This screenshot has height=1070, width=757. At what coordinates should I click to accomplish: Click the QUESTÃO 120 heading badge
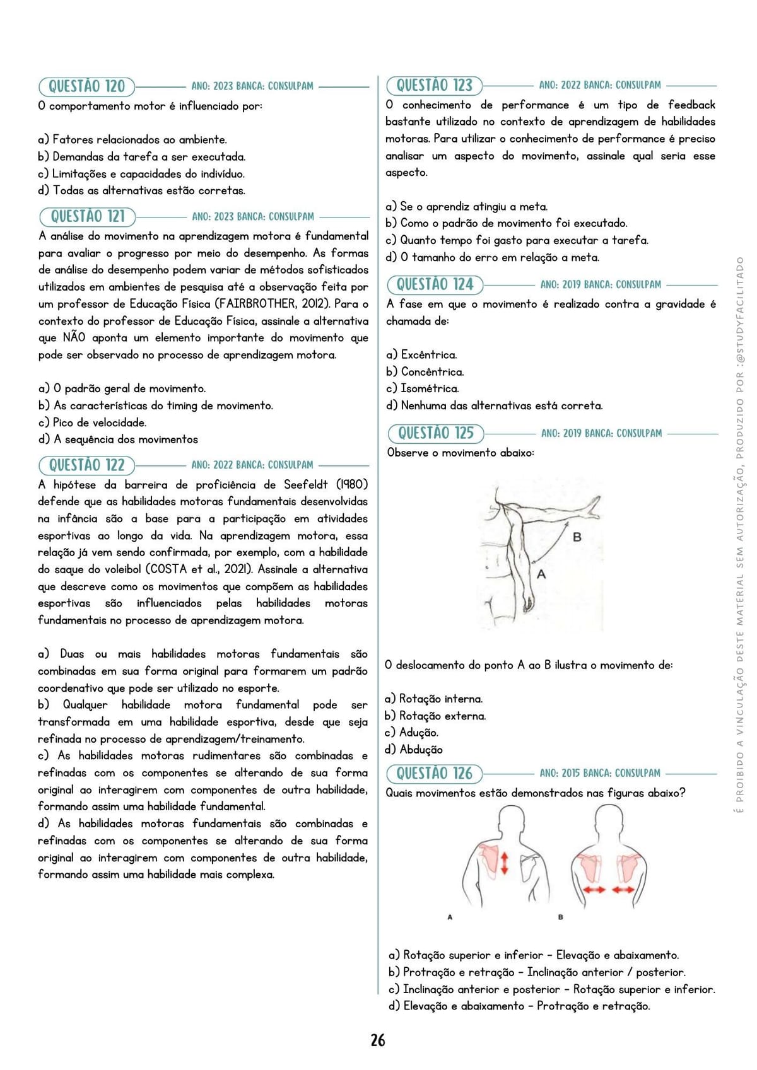coord(86,86)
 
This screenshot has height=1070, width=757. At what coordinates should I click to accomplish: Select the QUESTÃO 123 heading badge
coord(434,85)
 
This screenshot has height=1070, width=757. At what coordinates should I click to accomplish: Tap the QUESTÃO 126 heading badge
coord(434,773)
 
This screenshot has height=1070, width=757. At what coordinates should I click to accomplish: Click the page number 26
coord(378,1040)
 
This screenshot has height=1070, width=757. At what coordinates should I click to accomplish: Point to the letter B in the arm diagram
coord(577,537)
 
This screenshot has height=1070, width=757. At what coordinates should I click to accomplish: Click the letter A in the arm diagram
coord(541,574)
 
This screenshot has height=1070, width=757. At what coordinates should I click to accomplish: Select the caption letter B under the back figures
coord(560,917)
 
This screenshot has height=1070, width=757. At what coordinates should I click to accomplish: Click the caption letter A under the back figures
coord(450,917)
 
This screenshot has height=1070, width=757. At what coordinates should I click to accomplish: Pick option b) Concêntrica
coord(425,372)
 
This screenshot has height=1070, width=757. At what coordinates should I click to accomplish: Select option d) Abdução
coord(414,750)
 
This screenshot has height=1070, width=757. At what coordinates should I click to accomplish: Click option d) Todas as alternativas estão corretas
coord(141,190)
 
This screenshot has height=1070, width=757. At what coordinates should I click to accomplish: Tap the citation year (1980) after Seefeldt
coord(351,485)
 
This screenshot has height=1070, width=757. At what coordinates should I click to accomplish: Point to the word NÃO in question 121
coord(74,338)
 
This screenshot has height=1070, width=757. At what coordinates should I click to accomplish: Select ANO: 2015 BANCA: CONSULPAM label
coord(600,773)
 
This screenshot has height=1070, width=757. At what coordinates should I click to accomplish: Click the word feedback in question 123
coord(691,105)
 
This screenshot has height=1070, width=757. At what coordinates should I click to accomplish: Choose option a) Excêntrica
coord(421,355)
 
